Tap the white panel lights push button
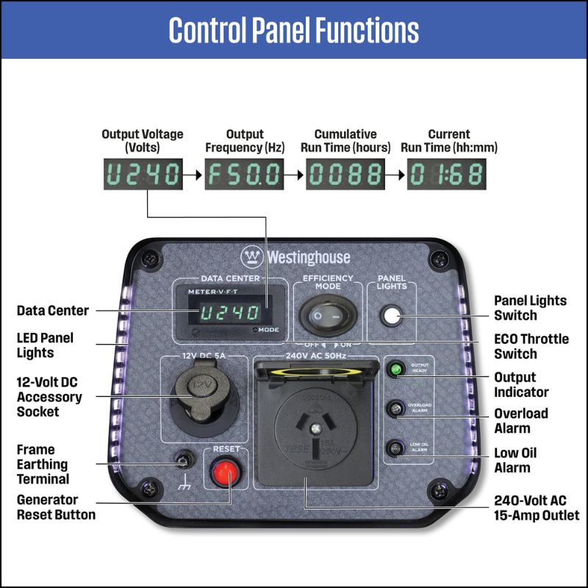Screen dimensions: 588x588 (391, 316)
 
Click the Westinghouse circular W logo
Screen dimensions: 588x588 (253, 257)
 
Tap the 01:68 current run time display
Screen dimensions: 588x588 (446, 175)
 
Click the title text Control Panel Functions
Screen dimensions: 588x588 (294, 30)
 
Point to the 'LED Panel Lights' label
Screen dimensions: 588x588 (46, 345)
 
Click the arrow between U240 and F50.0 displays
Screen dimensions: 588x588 (193, 175)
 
